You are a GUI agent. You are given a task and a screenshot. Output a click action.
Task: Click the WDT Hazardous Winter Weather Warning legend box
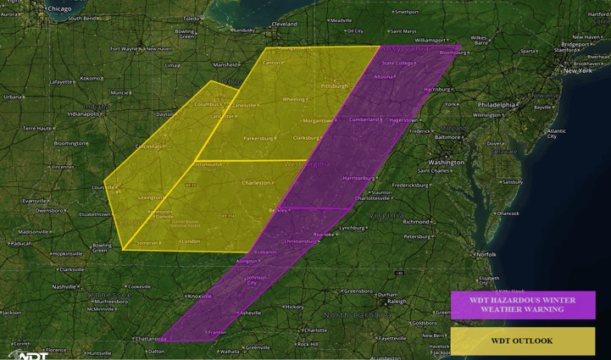coord(523,305)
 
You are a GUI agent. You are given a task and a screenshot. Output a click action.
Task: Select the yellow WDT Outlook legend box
coord(522,341)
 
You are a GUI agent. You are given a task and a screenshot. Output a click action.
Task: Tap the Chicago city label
coord(59,8)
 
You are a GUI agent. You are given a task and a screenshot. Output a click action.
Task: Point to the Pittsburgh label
coord(335,86)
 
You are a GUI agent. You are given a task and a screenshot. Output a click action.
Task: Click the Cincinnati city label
coord(148,147)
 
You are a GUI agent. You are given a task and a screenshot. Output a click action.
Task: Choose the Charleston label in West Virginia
coord(256,182)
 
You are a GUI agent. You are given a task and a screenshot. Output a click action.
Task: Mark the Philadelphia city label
coord(496,105)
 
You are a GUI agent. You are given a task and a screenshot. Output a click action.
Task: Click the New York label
coord(578,70)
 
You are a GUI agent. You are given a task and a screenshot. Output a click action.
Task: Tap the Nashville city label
coord(64,286)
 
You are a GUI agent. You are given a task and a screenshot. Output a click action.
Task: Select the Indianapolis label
coord(83,113)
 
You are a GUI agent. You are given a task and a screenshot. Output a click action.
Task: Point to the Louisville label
coord(103,187)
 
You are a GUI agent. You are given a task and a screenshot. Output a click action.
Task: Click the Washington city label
coord(446,162)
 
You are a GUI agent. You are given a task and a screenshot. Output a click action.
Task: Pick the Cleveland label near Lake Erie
coord(285,25)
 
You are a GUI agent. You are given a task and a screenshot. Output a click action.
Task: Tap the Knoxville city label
coord(200,296)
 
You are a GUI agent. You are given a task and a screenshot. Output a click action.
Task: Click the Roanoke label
coord(324,234)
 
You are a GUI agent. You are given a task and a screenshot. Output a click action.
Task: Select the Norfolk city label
coord(486,254)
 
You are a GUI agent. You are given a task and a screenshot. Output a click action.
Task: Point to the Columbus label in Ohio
coord(207,104)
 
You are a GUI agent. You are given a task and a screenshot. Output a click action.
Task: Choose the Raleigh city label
coord(397,301)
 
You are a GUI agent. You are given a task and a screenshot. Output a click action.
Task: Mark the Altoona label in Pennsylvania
coord(383,76)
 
